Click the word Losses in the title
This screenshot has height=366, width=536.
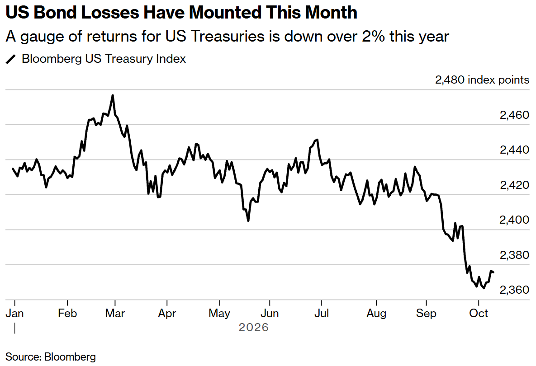(x=110, y=12)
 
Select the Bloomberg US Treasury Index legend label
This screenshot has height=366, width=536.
(x=104, y=59)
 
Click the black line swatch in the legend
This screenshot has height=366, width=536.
(x=11, y=59)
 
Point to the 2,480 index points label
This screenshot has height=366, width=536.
(x=482, y=80)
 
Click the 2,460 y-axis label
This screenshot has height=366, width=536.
(x=514, y=115)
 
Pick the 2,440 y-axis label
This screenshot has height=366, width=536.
(x=514, y=150)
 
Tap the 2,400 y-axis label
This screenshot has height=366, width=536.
(x=514, y=220)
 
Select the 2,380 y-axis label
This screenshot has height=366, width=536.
(x=514, y=255)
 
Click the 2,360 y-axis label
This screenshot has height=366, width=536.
(x=514, y=290)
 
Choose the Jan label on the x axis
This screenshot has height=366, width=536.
(x=14, y=313)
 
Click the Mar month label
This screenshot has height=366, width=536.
(x=115, y=313)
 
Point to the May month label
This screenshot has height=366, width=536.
(x=219, y=314)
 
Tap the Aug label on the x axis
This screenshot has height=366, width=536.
(x=376, y=314)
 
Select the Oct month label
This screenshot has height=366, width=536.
(x=479, y=313)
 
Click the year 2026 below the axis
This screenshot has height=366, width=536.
(x=254, y=328)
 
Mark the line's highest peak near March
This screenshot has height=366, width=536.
(x=113, y=95)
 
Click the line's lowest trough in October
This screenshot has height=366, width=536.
(x=484, y=288)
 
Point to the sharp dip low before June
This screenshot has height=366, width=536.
(x=248, y=221)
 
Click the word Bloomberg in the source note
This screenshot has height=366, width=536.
(x=70, y=357)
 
